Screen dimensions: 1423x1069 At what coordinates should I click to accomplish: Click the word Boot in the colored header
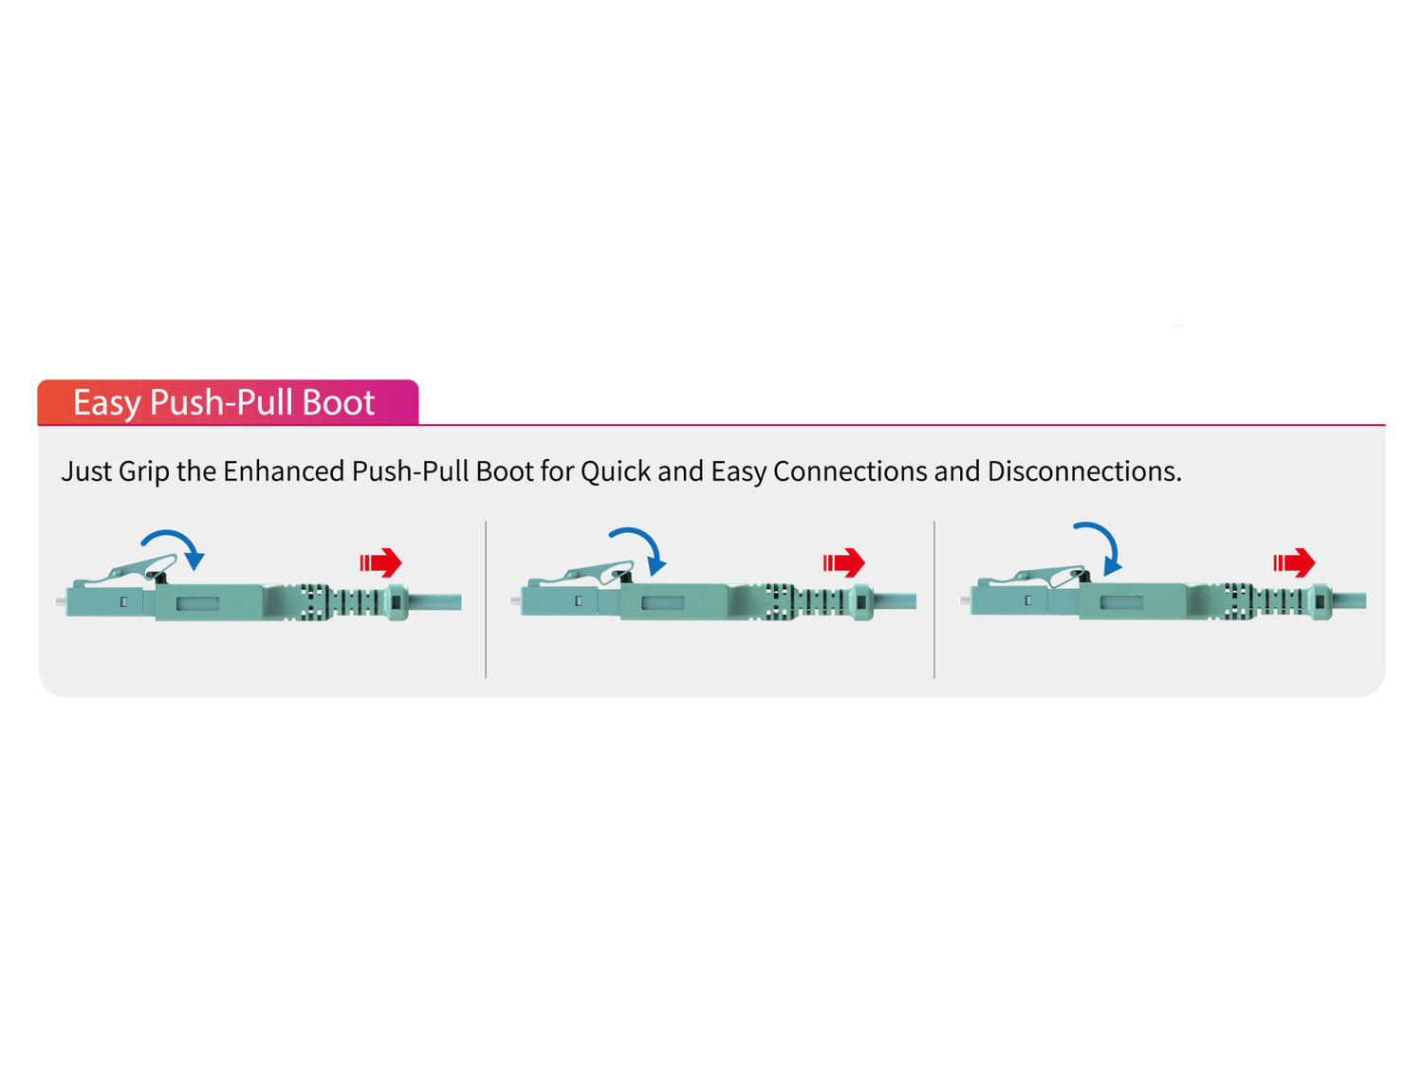[x=339, y=402]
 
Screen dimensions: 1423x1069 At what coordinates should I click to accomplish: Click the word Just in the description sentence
[x=86, y=471]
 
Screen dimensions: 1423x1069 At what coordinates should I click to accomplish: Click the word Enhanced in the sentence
[x=284, y=471]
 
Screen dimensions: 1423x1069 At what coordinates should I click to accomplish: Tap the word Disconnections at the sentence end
[x=1084, y=471]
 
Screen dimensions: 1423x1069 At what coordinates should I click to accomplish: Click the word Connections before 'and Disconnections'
[x=850, y=471]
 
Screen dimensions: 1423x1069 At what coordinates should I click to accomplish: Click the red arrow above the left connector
[x=381, y=562]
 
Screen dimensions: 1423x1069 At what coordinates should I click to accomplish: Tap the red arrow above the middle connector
[x=844, y=562]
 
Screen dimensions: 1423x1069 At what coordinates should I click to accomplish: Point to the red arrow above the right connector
[x=1294, y=562]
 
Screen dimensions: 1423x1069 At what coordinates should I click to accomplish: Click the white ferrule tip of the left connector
[x=60, y=602]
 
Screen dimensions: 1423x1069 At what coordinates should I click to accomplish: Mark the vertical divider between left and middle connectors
[x=486, y=599]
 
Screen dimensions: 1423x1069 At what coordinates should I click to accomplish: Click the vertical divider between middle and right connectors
[x=934, y=599]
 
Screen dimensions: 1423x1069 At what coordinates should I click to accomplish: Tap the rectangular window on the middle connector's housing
[x=662, y=603]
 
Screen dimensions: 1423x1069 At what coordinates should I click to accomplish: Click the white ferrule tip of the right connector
[x=965, y=601]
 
